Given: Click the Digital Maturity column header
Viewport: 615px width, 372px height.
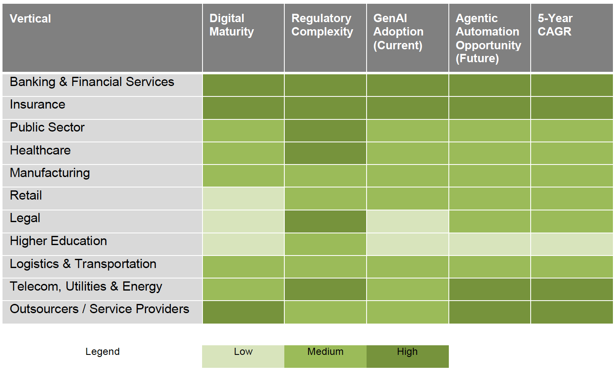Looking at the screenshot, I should pos(232,25).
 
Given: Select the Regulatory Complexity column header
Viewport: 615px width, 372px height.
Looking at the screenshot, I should pos(322,25).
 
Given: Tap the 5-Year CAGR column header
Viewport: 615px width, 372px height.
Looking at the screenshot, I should pos(555,25).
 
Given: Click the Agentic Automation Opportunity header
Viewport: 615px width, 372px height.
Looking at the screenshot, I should pos(488,38).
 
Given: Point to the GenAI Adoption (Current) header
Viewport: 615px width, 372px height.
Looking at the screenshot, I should pos(398,32).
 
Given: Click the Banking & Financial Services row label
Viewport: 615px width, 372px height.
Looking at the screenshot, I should pos(92,82).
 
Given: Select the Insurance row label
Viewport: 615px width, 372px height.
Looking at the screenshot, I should pos(38,104).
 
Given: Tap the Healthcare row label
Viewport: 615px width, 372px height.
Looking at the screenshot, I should pos(40,150).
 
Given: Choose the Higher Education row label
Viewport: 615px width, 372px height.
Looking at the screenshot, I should pos(58,241).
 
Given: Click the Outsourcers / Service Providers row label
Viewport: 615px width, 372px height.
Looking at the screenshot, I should pos(99,309).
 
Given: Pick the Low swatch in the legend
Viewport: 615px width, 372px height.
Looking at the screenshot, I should pos(243,356).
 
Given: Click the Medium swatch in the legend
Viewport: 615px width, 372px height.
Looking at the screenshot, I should pos(325,356).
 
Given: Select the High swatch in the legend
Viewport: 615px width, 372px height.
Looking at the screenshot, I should pos(407,356).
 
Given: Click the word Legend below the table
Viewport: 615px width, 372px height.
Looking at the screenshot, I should pos(102,352).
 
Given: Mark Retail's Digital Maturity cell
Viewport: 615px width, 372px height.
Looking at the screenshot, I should pos(243,199).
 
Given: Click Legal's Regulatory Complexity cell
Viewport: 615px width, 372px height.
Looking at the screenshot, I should pos(325,221).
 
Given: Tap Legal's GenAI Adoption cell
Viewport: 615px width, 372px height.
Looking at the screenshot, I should pos(407,221).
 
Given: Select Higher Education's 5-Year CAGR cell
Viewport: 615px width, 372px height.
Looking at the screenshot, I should pos(572,244).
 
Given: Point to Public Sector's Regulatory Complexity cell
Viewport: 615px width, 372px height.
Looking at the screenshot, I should pos(325,131).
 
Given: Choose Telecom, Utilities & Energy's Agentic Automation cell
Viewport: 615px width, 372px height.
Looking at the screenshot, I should pos(489,289).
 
